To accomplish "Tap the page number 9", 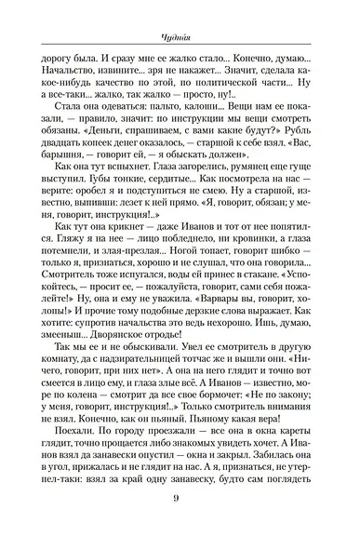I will [x=180, y=523].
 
